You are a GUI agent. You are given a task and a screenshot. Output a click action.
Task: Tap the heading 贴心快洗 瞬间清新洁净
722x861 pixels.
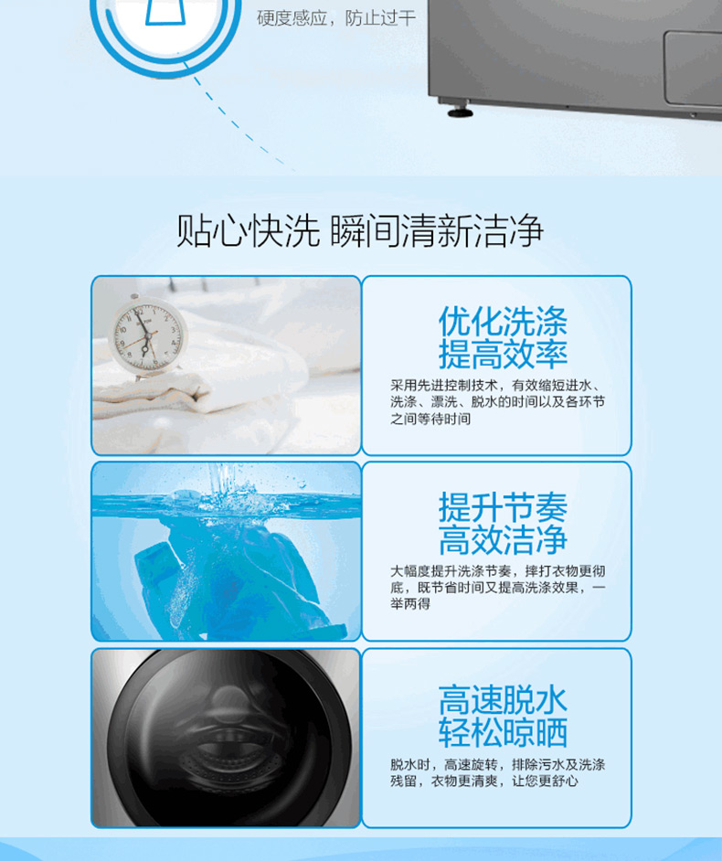(x=359, y=230)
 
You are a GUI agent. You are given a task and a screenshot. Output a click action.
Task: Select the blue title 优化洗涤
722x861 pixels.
(x=503, y=322)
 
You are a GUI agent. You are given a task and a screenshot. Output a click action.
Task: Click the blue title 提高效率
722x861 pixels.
(x=503, y=354)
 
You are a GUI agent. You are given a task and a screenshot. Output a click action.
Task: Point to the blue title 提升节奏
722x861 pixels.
(x=503, y=507)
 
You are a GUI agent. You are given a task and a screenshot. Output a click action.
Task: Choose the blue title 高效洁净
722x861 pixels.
(x=503, y=540)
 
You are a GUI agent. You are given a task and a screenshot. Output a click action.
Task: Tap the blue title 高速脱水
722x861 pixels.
(x=503, y=700)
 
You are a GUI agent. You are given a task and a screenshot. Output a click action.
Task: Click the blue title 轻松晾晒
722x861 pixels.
(x=503, y=732)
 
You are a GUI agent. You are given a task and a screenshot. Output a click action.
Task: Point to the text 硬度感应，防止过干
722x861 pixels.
(x=336, y=18)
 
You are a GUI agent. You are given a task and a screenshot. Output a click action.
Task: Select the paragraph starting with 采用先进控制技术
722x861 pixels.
(x=497, y=402)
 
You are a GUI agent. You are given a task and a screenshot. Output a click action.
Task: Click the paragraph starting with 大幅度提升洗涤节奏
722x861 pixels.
(x=497, y=588)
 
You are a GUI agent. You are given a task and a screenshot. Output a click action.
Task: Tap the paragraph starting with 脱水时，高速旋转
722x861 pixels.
(x=497, y=772)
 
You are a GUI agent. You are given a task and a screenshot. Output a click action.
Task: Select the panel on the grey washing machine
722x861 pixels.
(x=693, y=69)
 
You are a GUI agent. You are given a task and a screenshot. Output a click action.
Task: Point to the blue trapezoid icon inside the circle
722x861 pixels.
(x=165, y=12)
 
